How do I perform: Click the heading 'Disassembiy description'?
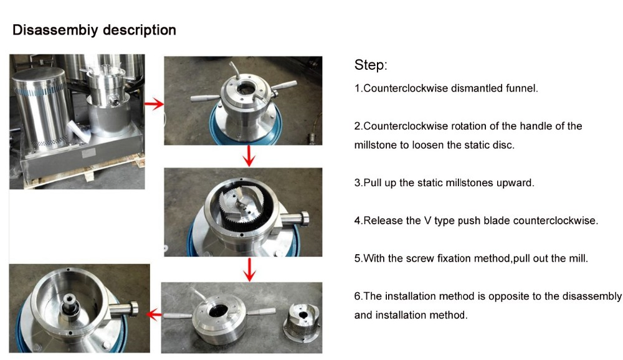(94, 30)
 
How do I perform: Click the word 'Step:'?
(371, 65)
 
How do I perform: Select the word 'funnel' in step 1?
(521, 88)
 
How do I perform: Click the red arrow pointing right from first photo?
(153, 105)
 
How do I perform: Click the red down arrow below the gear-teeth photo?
(249, 269)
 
